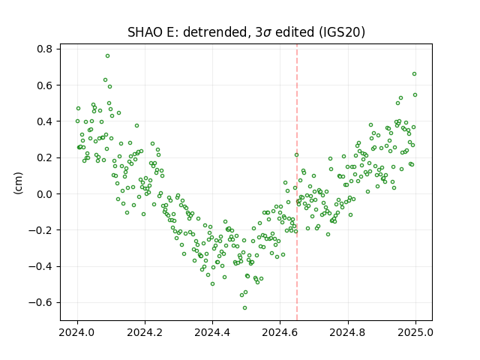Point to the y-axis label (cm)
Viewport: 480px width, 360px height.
pyautogui.click(x=18, y=183)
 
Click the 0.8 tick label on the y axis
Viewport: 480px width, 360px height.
pyautogui.click(x=45, y=49)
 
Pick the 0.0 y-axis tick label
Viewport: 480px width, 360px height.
pyautogui.click(x=45, y=194)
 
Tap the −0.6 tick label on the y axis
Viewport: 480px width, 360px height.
pyautogui.click(x=40, y=303)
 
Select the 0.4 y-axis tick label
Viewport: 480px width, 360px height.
pyautogui.click(x=45, y=121)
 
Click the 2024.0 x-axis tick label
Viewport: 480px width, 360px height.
pyautogui.click(x=78, y=332)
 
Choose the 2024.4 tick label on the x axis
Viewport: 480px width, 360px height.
pyautogui.click(x=212, y=332)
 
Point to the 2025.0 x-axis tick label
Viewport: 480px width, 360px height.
pyautogui.click(x=415, y=332)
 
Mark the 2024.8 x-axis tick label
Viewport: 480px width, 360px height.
pyautogui.click(x=348, y=332)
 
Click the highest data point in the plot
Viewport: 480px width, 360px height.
pyautogui.click(x=107, y=56)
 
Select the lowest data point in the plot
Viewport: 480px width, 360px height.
pyautogui.click(x=244, y=308)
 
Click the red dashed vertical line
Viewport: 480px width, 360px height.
pyautogui.click(x=297, y=182)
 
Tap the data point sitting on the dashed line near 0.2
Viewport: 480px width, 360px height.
pyautogui.click(x=296, y=155)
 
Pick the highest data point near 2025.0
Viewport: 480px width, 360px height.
pyautogui.click(x=414, y=74)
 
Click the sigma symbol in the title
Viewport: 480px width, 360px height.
pyautogui.click(x=267, y=33)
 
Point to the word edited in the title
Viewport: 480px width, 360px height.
pyautogui.click(x=295, y=32)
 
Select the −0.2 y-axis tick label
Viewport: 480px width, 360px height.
pyautogui.click(x=40, y=230)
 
